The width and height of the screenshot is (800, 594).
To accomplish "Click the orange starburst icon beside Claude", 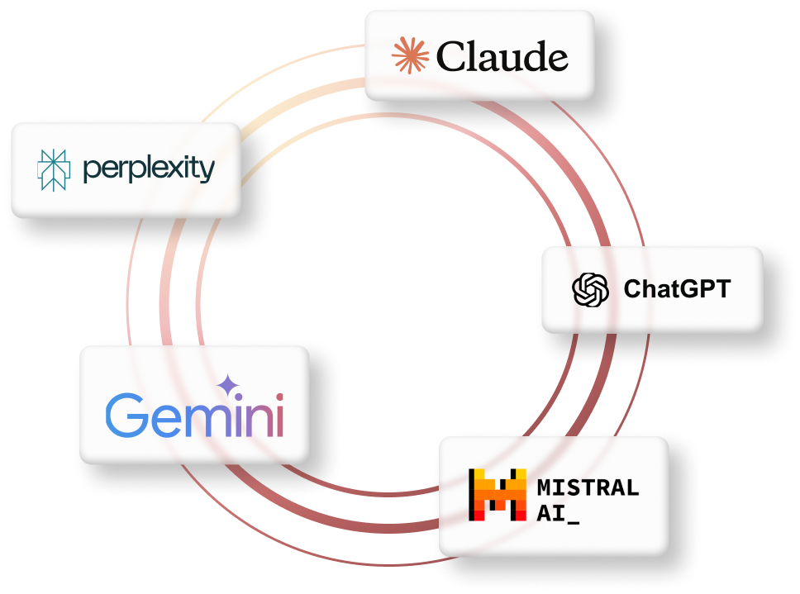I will click(x=411, y=56).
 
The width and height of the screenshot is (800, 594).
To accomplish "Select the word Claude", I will click(x=502, y=57).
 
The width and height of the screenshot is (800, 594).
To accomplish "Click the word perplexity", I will click(x=149, y=169).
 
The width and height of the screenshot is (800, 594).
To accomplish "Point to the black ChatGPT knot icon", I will click(x=591, y=289).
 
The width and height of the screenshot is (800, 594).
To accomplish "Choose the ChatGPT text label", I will click(x=677, y=289).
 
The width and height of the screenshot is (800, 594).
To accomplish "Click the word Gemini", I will click(x=194, y=416).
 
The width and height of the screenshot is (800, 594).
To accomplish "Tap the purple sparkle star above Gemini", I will click(x=226, y=386).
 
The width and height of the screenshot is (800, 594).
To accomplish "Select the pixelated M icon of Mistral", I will click(x=498, y=495).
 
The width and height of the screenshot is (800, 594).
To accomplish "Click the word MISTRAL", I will click(x=587, y=487).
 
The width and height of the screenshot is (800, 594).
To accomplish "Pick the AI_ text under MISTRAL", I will click(x=558, y=512).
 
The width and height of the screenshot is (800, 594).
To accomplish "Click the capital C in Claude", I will click(x=450, y=57).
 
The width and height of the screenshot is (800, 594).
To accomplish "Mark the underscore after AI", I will click(x=574, y=520).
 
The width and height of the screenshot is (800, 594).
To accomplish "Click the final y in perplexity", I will click(x=206, y=172).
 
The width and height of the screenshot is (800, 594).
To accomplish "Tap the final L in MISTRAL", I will click(x=632, y=487).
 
